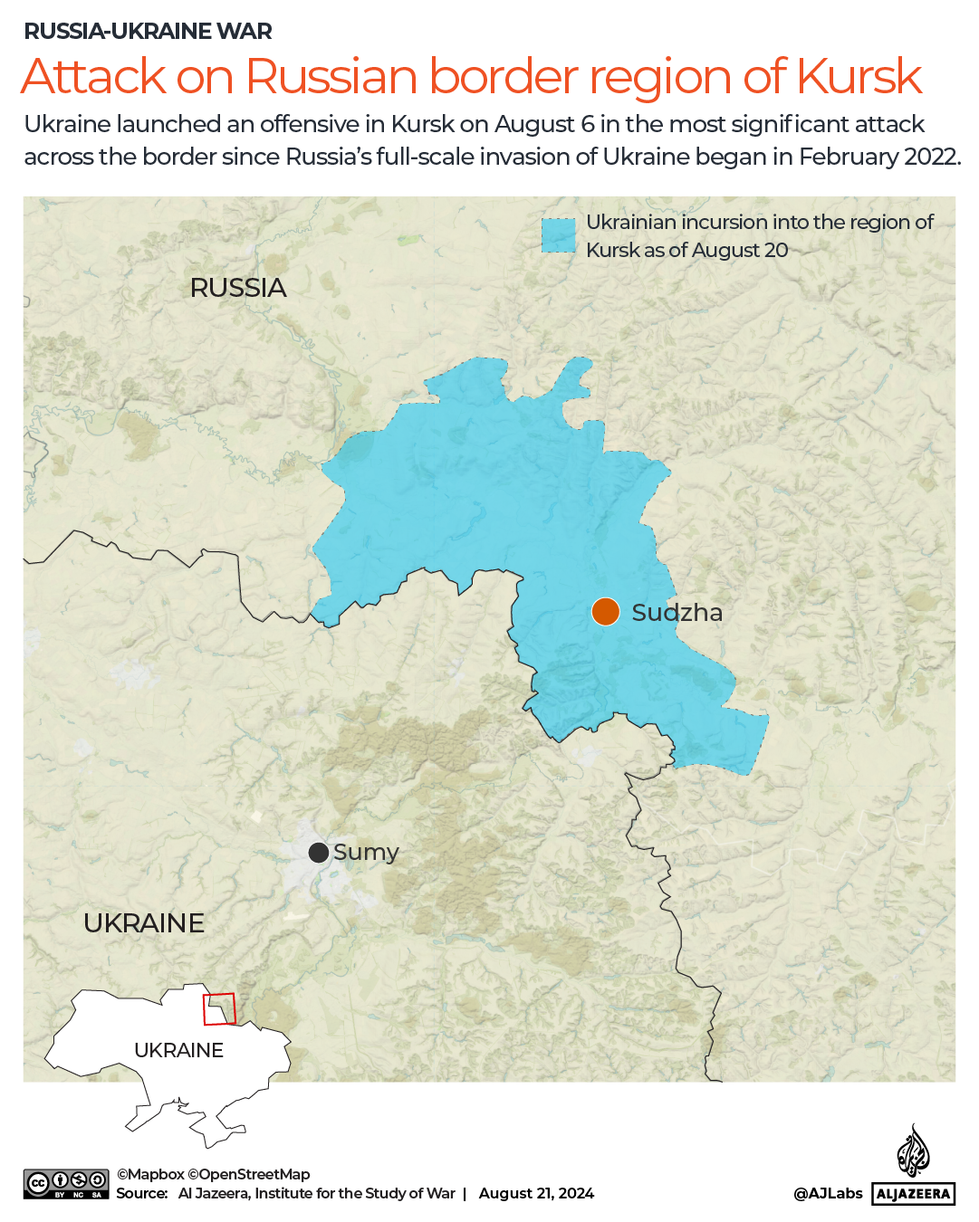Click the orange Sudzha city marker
tap(605, 612)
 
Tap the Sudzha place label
tap(677, 613)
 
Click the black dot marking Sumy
tap(318, 853)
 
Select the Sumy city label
tap(366, 852)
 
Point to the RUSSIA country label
tap(238, 288)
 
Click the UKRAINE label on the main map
tap(144, 923)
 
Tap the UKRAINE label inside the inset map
tap(178, 1050)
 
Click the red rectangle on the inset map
tap(219, 1008)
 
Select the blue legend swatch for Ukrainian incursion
tap(558, 235)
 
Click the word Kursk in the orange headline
tap(859, 76)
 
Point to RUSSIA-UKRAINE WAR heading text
tap(148, 31)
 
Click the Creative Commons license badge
tap(66, 1184)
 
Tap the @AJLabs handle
tap(828, 1193)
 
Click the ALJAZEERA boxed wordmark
tap(914, 1194)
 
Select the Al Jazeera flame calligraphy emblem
tap(913, 1150)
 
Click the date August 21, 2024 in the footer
tap(536, 1193)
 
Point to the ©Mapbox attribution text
tap(150, 1174)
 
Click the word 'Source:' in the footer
tap(142, 1193)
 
